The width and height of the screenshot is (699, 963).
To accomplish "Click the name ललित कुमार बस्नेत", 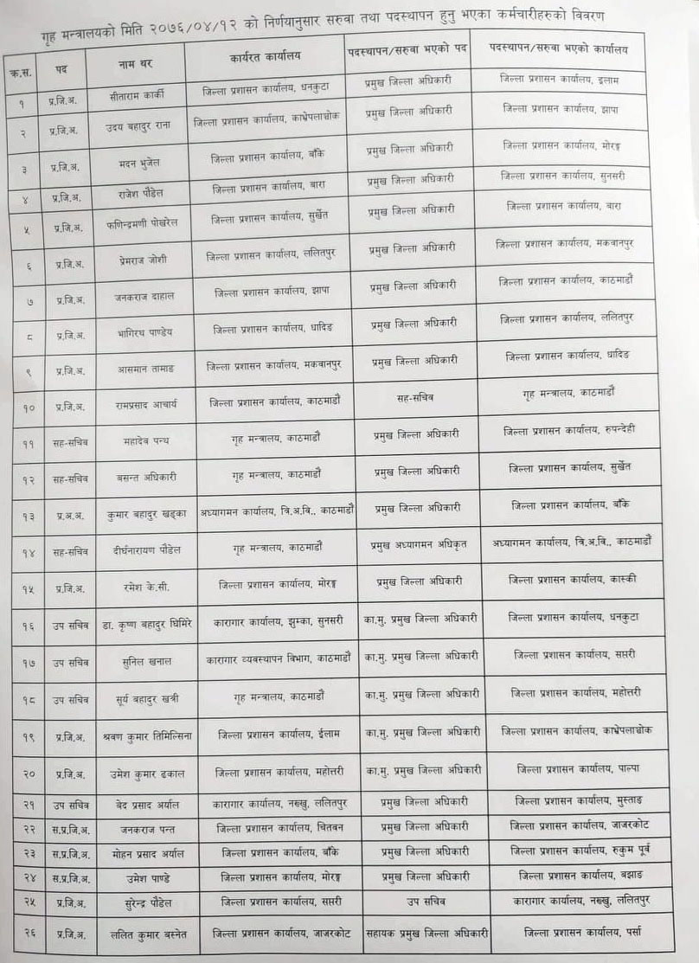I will (x=148, y=934).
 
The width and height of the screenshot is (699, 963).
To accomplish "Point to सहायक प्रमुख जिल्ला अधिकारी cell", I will (x=415, y=933).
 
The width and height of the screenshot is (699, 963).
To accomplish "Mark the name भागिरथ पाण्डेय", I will (x=145, y=332).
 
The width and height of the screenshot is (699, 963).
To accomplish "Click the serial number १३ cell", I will (x=29, y=517).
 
